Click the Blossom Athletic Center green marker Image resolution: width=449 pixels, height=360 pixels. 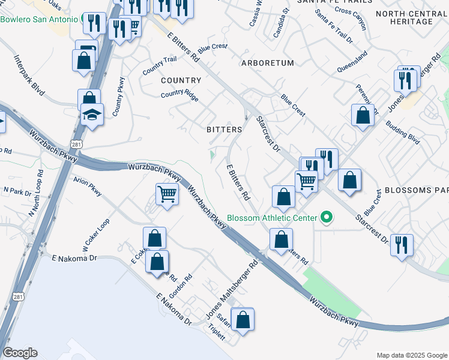click(x=327, y=217)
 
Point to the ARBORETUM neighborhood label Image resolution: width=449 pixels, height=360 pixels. click(x=268, y=63)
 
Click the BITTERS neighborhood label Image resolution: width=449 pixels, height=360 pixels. click(x=224, y=130)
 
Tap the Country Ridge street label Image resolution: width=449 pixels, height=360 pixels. click(x=179, y=94)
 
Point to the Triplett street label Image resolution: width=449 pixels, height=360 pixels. click(x=216, y=334)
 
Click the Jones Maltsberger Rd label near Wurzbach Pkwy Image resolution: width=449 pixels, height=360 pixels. click(x=231, y=290)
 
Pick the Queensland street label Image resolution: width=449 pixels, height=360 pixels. click(x=352, y=61)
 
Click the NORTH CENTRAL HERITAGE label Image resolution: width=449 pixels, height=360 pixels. click(x=412, y=17)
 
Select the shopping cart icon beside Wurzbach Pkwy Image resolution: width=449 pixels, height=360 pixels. click(x=166, y=194)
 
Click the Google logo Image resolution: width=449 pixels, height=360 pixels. click(x=20, y=353)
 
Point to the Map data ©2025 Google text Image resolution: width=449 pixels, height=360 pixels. click(x=411, y=355)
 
